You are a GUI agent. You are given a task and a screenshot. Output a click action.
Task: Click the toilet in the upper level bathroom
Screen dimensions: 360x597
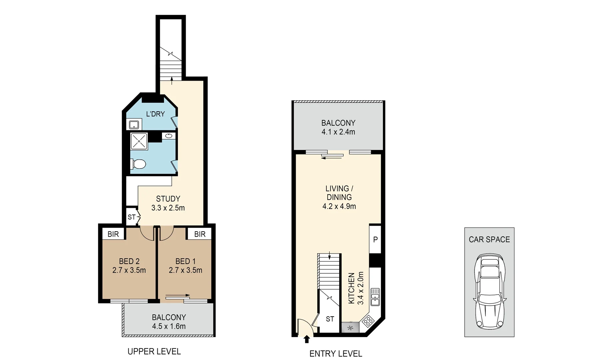[139, 164]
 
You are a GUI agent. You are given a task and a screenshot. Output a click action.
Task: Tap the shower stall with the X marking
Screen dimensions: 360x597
[139, 141]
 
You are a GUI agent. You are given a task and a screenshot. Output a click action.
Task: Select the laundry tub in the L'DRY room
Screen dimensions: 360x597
[134, 125]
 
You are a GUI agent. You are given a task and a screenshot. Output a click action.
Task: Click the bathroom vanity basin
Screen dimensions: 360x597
[169, 136]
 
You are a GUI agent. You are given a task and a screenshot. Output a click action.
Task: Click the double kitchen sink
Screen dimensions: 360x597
[375, 297]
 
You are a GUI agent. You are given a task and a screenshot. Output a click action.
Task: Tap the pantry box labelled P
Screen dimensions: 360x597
[375, 239]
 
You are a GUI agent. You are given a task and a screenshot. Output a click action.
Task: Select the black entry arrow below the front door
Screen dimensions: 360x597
[307, 339]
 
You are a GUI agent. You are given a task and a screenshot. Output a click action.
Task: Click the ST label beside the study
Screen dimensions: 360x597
[131, 217]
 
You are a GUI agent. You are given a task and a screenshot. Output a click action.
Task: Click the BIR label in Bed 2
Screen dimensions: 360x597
[113, 234]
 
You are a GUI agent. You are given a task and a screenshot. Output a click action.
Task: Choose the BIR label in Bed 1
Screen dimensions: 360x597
[200, 234]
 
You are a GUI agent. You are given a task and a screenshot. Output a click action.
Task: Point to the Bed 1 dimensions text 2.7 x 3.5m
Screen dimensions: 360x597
[185, 270]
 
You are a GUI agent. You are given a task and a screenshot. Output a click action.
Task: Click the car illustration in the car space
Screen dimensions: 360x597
[489, 291]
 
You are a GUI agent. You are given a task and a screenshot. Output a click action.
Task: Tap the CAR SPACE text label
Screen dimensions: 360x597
[489, 239]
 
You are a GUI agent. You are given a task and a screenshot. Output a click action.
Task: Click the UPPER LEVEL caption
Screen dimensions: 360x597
[154, 351]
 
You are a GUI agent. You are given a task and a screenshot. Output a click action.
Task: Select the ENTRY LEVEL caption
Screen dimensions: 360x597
[336, 354]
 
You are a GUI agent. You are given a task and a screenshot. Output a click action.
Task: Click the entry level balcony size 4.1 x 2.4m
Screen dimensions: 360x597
[338, 132]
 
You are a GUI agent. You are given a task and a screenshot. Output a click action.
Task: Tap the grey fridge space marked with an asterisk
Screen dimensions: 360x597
[350, 328]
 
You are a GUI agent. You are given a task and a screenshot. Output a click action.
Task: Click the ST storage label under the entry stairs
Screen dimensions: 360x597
[330, 319]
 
